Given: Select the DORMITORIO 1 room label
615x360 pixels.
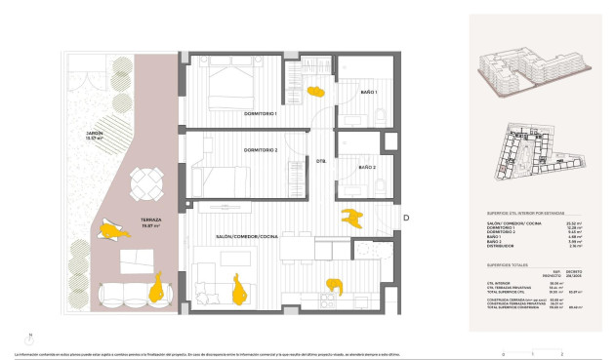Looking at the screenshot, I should tap(262, 114).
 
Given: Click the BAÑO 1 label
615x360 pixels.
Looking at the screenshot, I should tap(368, 93).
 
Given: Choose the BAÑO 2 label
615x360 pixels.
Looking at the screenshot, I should tap(366, 168).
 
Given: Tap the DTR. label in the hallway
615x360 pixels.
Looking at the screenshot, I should tap(320, 160).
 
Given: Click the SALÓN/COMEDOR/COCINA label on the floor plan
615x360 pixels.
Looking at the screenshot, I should tap(248, 237).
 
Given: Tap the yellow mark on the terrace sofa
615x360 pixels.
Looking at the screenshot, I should tap(154, 289).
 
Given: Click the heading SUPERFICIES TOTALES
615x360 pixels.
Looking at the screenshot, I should tap(508, 263).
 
